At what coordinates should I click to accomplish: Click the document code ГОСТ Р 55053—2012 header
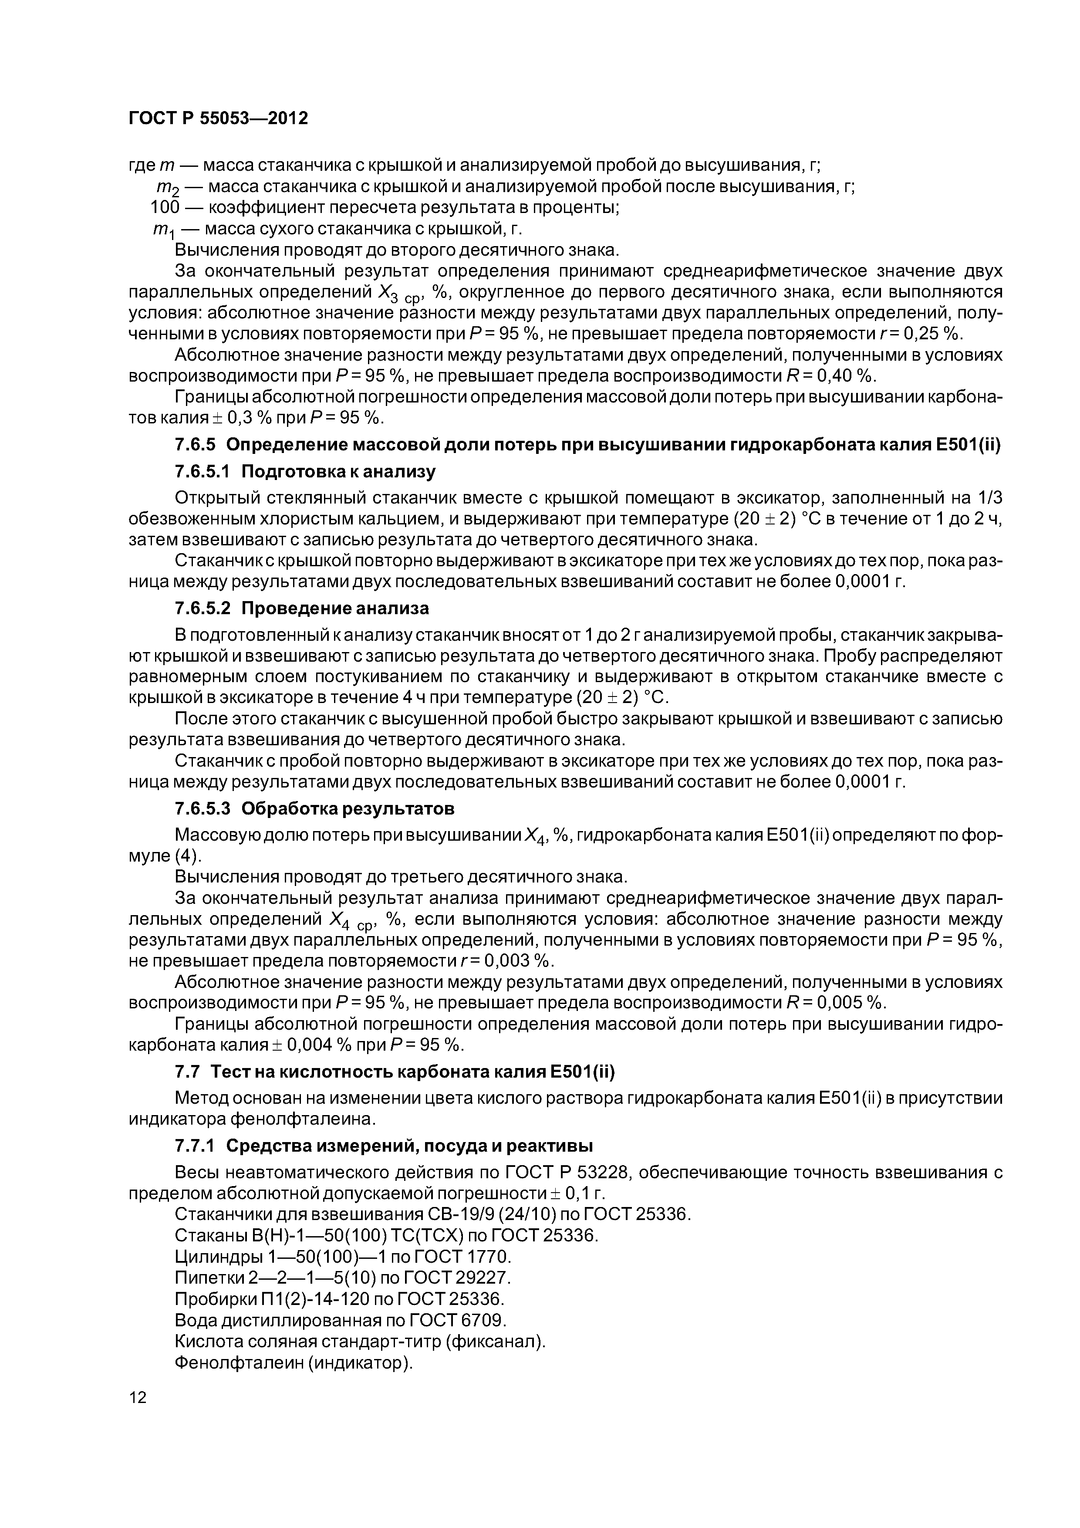[x=218, y=118]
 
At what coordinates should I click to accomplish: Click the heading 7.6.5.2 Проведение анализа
[x=301, y=608]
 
